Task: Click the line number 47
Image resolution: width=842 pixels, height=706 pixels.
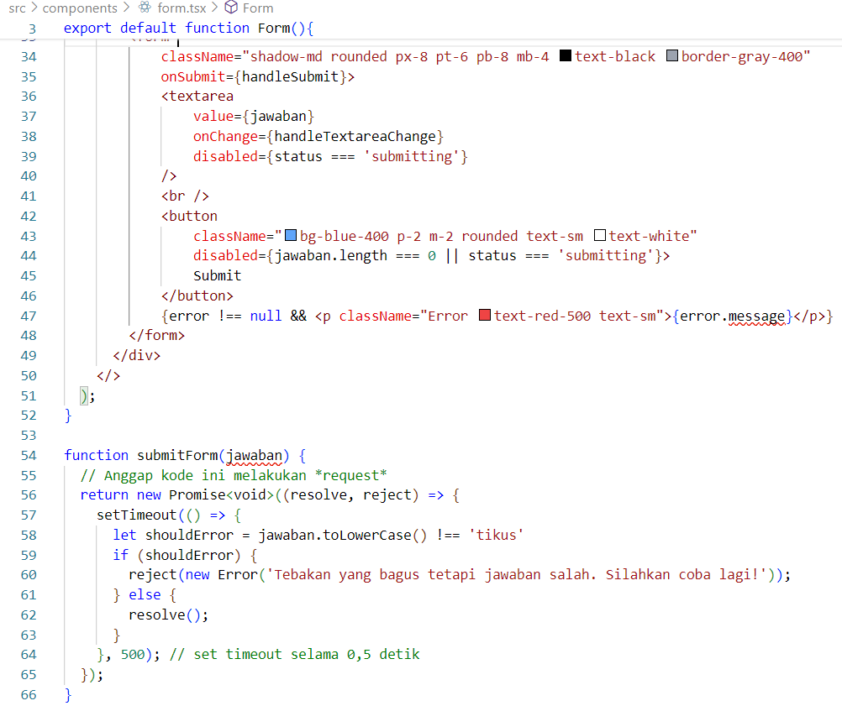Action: pos(28,316)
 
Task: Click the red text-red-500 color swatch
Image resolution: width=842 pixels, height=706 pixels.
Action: pos(485,316)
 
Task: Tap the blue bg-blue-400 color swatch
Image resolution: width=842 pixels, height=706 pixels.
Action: pos(291,236)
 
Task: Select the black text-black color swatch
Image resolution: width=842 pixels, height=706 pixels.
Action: pos(566,56)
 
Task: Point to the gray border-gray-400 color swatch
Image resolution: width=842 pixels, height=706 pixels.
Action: pos(672,56)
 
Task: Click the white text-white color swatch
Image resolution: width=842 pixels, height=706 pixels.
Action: pos(600,236)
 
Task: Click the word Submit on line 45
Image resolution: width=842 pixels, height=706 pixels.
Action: pos(217,275)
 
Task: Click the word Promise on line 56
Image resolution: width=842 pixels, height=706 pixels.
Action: pos(197,494)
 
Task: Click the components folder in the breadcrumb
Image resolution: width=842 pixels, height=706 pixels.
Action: pos(80,8)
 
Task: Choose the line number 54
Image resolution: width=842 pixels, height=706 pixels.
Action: pos(28,455)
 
